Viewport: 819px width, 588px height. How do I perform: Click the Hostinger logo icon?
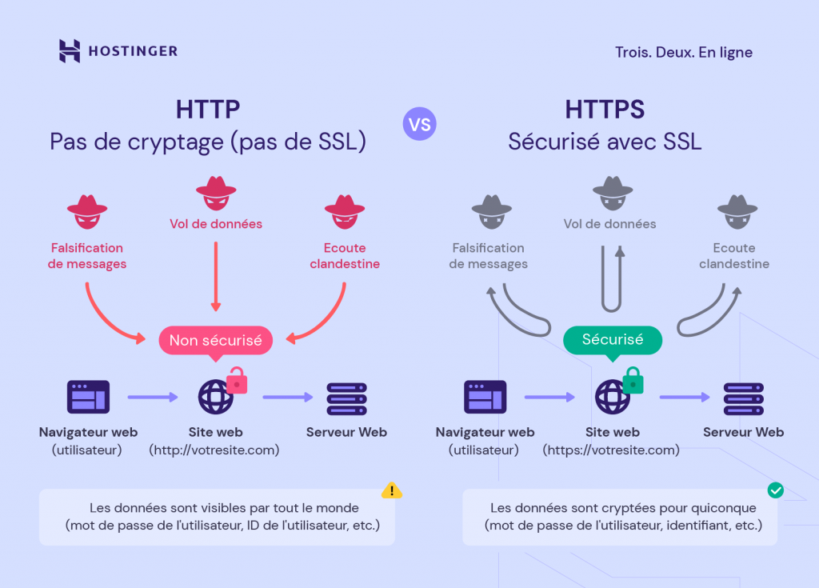70,51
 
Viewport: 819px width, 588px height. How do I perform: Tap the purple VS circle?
420,124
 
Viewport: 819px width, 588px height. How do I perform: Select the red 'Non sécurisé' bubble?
215,340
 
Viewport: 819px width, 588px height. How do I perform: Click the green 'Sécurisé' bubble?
613,340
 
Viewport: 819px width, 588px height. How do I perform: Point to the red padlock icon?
237,381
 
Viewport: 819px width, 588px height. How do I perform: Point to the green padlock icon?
633,381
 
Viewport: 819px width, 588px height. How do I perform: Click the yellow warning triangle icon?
391,490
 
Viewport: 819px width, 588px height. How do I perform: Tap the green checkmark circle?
775,490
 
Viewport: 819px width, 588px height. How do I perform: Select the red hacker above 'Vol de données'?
216,193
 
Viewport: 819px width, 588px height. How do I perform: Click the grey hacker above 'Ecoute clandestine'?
737,210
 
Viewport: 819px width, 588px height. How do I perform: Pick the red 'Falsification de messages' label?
87,256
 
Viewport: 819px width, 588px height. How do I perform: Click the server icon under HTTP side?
346,398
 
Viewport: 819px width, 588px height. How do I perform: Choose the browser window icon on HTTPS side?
485,398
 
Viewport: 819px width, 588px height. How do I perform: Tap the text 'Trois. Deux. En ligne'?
683,53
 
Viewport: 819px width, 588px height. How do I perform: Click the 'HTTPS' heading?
605,110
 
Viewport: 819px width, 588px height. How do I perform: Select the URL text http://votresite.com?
214,450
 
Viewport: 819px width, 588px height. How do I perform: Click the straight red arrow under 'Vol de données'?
214,276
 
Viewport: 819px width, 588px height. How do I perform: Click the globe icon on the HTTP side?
215,397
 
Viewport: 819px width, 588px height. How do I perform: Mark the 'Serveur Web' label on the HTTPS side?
743,433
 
